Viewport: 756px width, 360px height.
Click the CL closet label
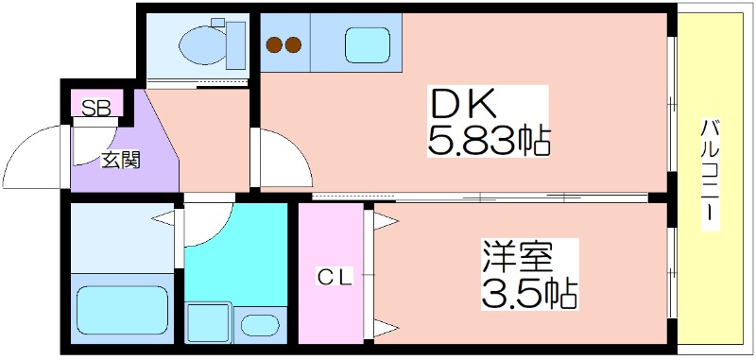[x=334, y=277]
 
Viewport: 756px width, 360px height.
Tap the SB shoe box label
[x=94, y=106]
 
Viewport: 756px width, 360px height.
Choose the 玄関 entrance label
[x=120, y=160]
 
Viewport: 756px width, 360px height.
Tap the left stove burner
[x=274, y=43]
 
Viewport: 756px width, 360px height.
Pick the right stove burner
[x=293, y=43]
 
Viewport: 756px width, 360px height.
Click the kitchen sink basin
[x=367, y=43]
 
